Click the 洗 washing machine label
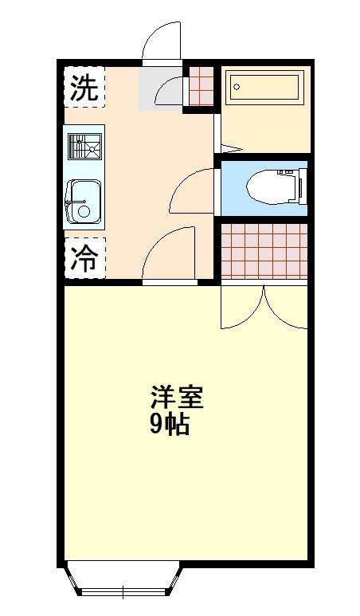tap(84, 87)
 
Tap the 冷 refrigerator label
tap(84, 258)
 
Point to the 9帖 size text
tap(170, 423)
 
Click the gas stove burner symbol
tap(84, 146)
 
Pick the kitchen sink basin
tap(84, 202)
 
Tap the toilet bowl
tap(271, 187)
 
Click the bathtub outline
tap(265, 87)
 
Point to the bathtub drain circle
tap(237, 87)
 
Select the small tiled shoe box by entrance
tap(201, 86)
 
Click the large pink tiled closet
tap(264, 251)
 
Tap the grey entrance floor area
tap(159, 88)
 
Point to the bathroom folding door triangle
tap(232, 148)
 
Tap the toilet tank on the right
tap(303, 187)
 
